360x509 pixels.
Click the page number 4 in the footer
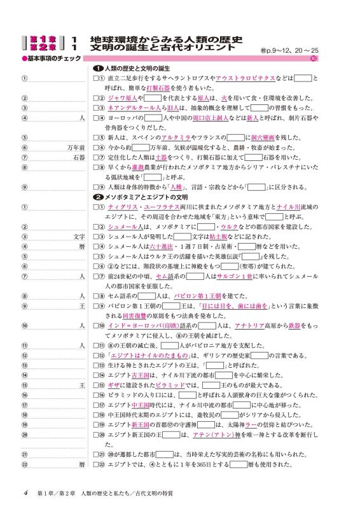click(25, 492)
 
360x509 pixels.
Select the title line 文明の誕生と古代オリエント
click(162, 47)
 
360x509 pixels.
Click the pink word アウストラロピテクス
click(245, 78)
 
